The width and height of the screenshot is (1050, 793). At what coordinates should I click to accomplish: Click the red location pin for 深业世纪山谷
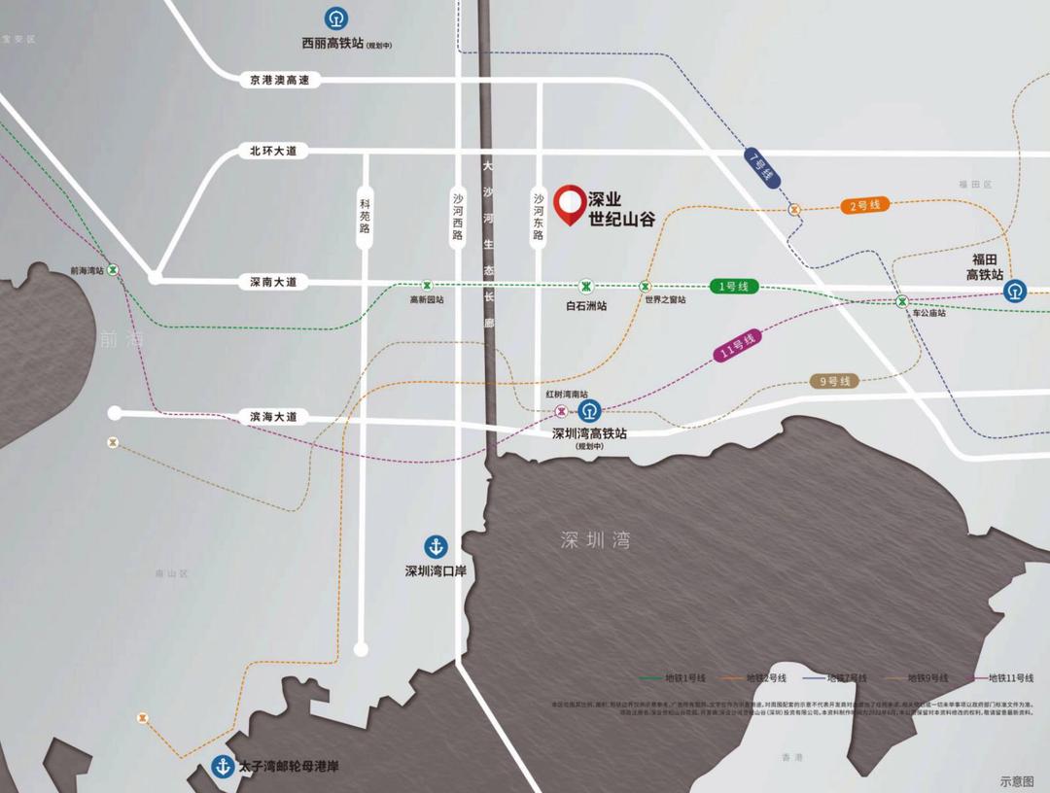[569, 204]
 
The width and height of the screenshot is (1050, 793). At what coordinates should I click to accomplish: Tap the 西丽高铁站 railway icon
[334, 18]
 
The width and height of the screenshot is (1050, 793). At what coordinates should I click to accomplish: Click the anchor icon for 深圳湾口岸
[434, 547]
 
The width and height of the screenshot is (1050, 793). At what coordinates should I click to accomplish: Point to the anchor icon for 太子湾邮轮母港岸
[223, 767]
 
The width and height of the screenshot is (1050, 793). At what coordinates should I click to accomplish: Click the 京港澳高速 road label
[279, 80]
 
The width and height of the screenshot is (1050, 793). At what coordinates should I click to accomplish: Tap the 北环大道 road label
[273, 151]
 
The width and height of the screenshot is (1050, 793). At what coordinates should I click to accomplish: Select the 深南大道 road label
[273, 282]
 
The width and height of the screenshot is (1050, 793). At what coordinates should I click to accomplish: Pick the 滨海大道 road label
[273, 417]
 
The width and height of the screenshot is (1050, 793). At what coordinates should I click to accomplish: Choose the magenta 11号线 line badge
[738, 347]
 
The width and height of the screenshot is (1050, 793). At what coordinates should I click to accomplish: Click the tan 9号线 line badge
[835, 381]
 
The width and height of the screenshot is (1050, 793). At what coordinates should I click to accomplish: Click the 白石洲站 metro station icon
[586, 286]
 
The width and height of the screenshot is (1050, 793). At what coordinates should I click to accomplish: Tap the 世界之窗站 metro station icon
[645, 286]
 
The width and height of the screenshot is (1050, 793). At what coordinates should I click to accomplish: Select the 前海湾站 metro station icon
[114, 270]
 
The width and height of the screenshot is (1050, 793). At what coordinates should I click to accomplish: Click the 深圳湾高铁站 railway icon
[588, 411]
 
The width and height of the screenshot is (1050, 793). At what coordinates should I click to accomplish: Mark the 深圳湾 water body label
[595, 541]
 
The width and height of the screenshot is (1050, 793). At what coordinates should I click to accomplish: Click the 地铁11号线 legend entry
[1005, 677]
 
